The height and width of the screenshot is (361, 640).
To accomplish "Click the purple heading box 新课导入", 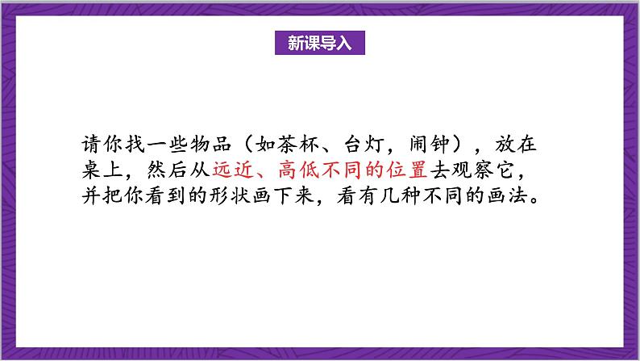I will [320, 43].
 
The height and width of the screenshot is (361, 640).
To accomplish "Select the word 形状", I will [276, 196].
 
